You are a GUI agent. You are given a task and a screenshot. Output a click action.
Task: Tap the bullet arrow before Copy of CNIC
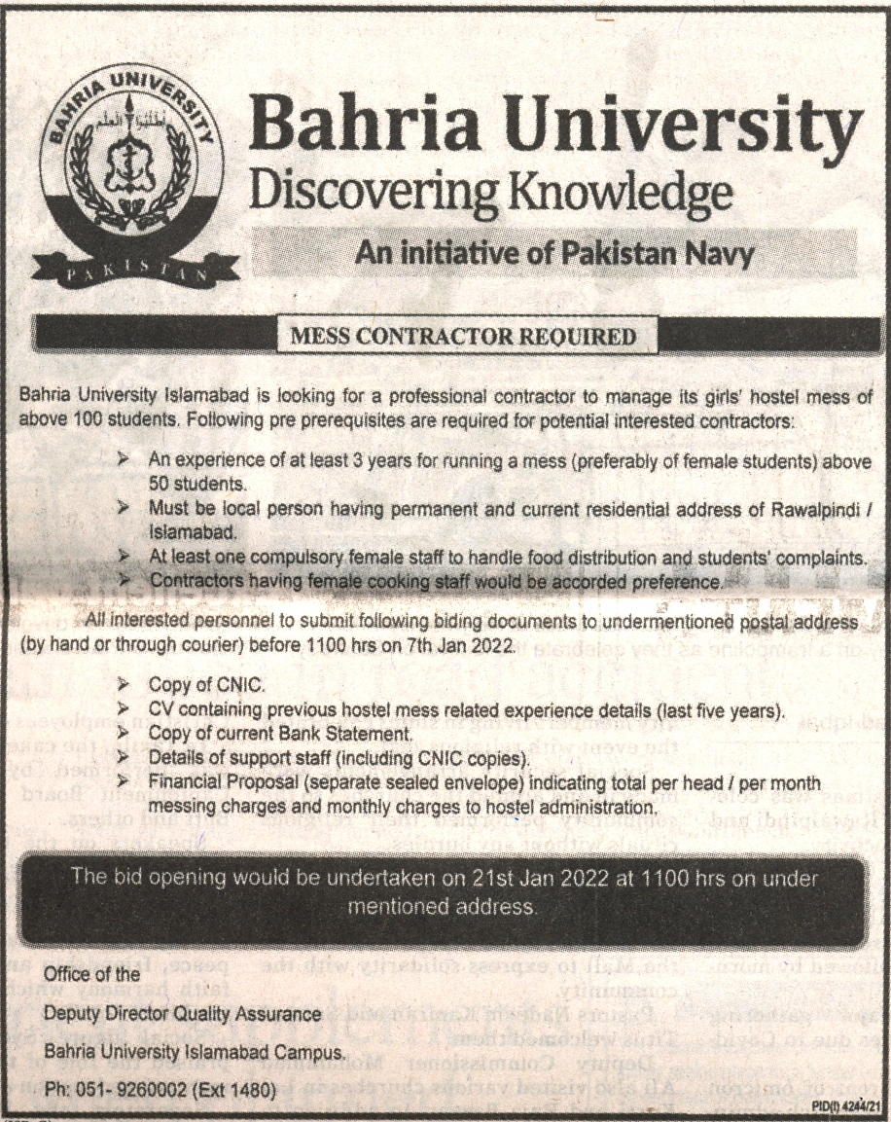click(124, 685)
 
